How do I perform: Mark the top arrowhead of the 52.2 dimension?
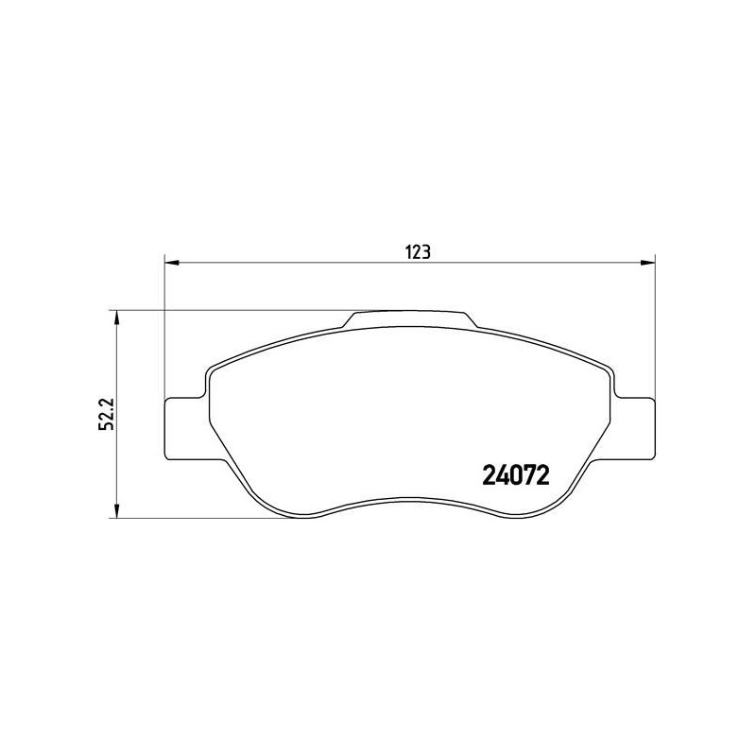click(116, 318)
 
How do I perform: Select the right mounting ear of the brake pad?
click(633, 427)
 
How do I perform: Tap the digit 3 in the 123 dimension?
click(426, 252)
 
